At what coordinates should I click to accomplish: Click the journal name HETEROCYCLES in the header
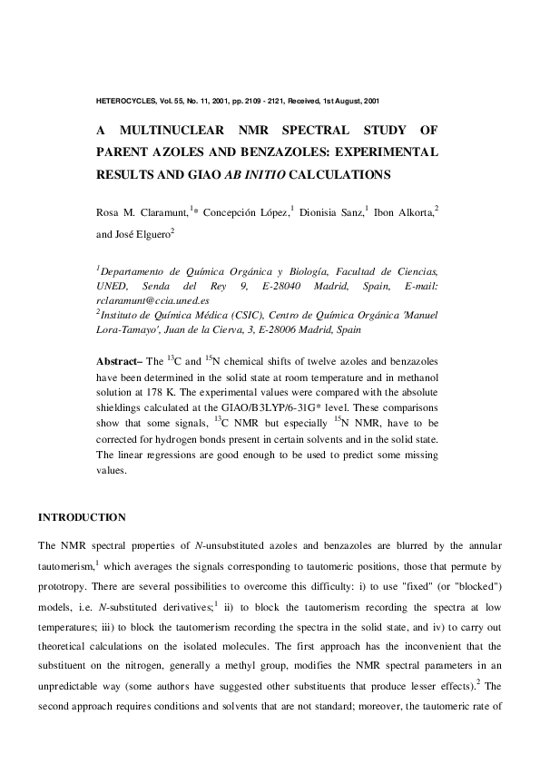(x=125, y=99)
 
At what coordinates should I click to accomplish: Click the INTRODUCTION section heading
(x=82, y=517)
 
